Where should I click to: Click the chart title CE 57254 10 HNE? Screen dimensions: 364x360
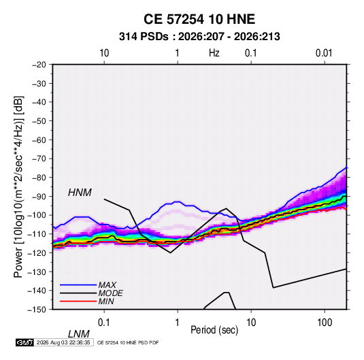(199, 19)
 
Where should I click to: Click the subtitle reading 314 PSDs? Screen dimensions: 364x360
(144, 37)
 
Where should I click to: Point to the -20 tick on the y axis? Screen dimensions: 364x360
(39, 65)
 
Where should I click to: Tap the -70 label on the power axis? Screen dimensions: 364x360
(39, 159)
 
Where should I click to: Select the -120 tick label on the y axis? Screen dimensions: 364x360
(37, 252)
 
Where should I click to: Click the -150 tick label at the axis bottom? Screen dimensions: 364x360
(37, 310)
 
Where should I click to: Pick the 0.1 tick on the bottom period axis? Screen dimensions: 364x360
(104, 322)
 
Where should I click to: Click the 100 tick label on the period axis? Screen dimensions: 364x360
(325, 322)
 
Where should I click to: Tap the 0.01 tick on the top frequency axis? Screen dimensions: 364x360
(324, 53)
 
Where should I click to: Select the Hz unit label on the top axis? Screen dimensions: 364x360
(214, 53)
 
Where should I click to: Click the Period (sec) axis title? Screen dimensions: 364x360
(214, 330)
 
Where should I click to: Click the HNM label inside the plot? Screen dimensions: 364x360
(80, 193)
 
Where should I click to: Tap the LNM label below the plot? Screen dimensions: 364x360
(79, 334)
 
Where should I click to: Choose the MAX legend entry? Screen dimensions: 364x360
(107, 284)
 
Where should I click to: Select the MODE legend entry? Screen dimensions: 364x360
(110, 293)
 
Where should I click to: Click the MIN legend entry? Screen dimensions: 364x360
(106, 301)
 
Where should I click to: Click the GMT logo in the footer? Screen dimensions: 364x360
(24, 342)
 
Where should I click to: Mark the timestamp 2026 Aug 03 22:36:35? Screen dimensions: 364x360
(63, 342)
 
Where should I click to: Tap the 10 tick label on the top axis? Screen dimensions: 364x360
(104, 53)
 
